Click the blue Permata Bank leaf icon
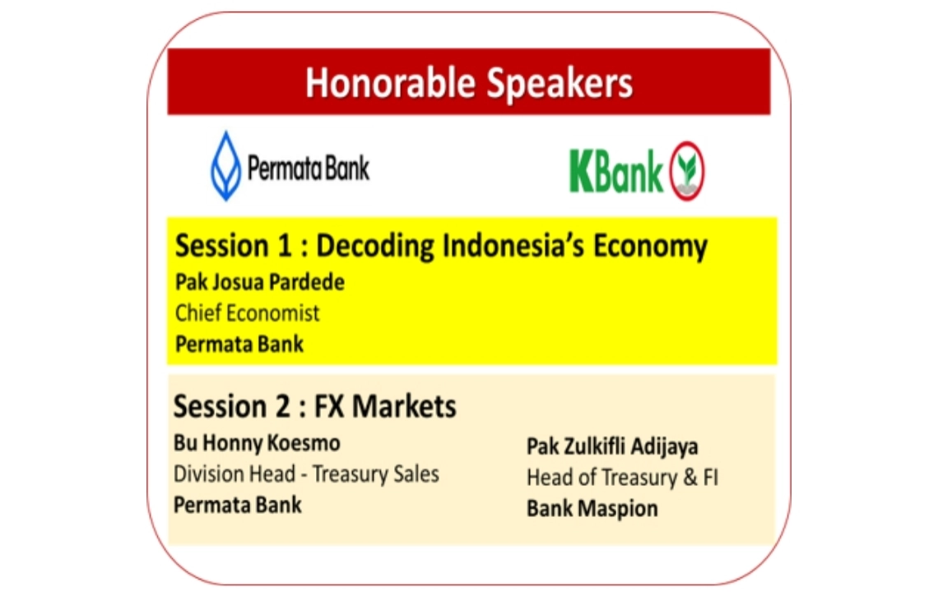(x=225, y=165)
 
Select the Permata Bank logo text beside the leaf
(x=309, y=168)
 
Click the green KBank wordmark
(x=616, y=172)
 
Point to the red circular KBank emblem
(x=687, y=171)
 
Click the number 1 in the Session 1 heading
(x=284, y=247)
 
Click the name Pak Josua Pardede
(x=260, y=282)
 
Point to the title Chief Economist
(x=248, y=312)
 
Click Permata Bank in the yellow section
(x=239, y=344)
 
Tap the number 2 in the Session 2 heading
(x=282, y=406)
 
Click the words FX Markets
(x=385, y=406)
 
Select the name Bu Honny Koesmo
(x=257, y=443)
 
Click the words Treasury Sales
(x=376, y=474)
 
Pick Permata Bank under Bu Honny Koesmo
(x=238, y=505)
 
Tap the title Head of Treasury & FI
(x=622, y=478)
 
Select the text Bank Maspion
(x=592, y=509)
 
